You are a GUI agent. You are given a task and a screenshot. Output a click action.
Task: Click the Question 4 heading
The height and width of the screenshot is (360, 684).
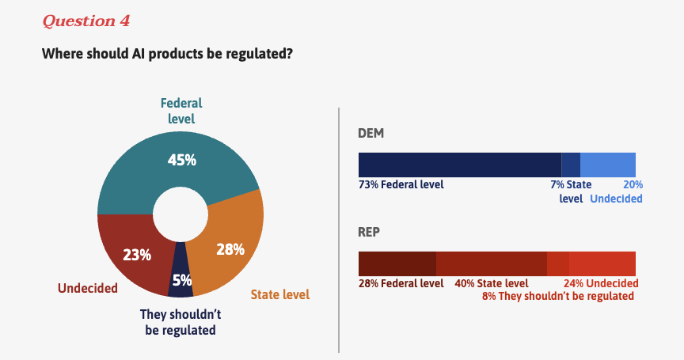[x=85, y=21]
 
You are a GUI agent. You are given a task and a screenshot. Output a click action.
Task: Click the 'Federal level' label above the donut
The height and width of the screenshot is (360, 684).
[x=181, y=111]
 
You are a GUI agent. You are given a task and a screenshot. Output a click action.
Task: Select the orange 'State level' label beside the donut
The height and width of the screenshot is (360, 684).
[x=279, y=295]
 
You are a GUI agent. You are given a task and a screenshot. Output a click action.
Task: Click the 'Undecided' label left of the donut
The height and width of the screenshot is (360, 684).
[x=87, y=288]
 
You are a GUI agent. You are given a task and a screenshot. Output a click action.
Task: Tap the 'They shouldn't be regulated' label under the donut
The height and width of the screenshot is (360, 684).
[x=180, y=321]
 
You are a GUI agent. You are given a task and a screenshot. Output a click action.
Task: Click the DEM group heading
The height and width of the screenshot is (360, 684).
[x=371, y=134]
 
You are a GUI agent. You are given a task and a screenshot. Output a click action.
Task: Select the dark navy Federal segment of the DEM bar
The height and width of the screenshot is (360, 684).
[x=459, y=165]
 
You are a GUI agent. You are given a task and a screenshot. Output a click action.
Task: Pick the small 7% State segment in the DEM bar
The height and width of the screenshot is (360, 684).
[x=571, y=165]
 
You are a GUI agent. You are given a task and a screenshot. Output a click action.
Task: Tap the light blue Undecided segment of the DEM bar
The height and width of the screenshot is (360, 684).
[x=608, y=165]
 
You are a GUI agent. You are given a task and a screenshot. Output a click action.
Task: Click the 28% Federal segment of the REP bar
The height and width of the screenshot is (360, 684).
[x=397, y=263]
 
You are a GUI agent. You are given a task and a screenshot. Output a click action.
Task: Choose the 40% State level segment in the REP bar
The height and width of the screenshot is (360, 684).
[x=491, y=263]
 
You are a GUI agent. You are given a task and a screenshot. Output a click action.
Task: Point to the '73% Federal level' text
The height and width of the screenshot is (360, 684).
[x=401, y=184]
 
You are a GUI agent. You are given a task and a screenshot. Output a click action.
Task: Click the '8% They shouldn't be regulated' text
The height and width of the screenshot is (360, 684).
[x=557, y=297]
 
